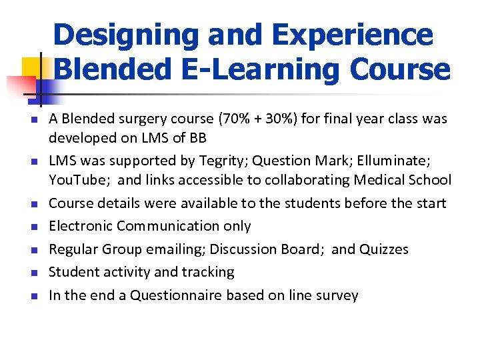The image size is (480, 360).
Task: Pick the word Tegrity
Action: [226, 161]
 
